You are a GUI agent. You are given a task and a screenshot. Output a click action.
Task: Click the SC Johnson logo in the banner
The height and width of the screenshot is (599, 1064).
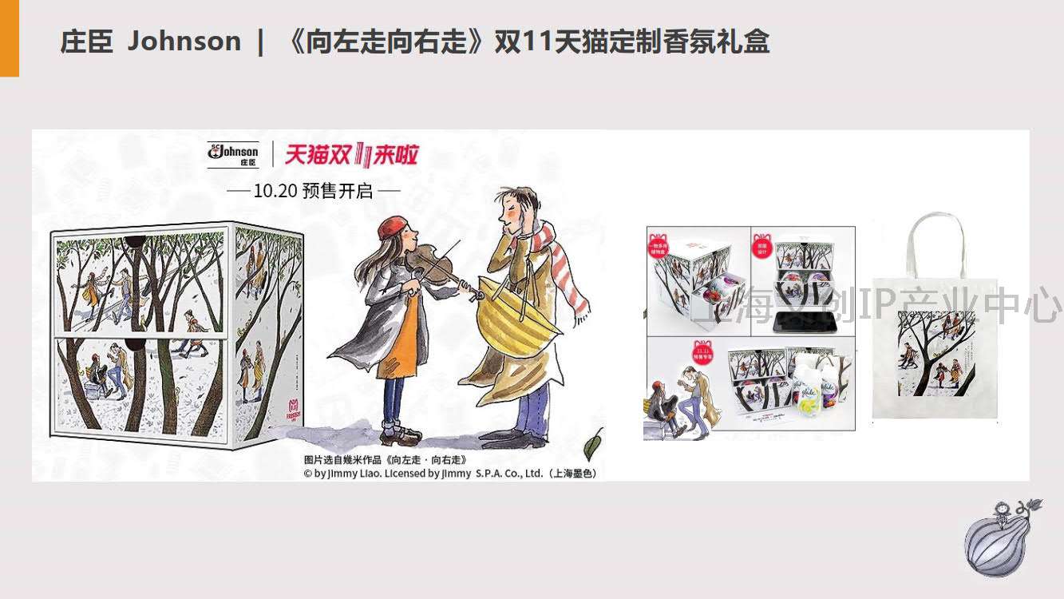click(232, 153)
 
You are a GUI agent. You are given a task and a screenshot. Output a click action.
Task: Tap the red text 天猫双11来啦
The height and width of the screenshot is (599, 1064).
click(352, 154)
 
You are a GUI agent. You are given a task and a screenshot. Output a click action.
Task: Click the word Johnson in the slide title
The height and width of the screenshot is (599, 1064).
click(184, 42)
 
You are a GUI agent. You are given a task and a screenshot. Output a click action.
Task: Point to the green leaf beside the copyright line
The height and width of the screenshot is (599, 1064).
click(593, 444)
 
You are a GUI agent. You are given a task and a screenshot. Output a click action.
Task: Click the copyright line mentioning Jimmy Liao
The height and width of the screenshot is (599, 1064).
click(450, 473)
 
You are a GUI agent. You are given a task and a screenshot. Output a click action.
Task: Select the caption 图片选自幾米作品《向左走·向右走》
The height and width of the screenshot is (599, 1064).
click(385, 460)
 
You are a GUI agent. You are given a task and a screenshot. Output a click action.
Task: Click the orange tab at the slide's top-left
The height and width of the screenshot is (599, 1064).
click(9, 38)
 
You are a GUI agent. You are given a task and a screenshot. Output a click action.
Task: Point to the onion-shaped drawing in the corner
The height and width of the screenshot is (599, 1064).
click(998, 539)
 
